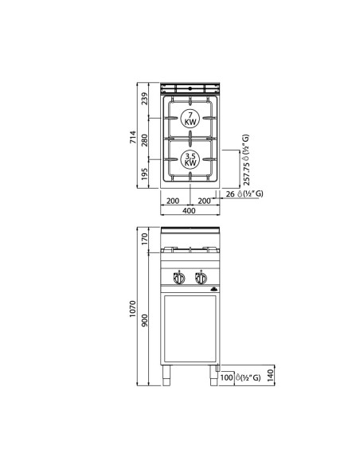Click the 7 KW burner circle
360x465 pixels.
coord(190,120)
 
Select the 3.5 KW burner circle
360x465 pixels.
coord(190,158)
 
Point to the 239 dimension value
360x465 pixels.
coord(145,99)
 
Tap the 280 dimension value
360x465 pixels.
coord(145,139)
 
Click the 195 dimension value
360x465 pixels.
coord(145,174)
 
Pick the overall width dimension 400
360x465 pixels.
coord(190,211)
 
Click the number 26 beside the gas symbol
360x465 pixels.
coord(229,193)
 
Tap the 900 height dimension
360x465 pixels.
coord(145,318)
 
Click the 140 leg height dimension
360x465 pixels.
coord(272,374)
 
